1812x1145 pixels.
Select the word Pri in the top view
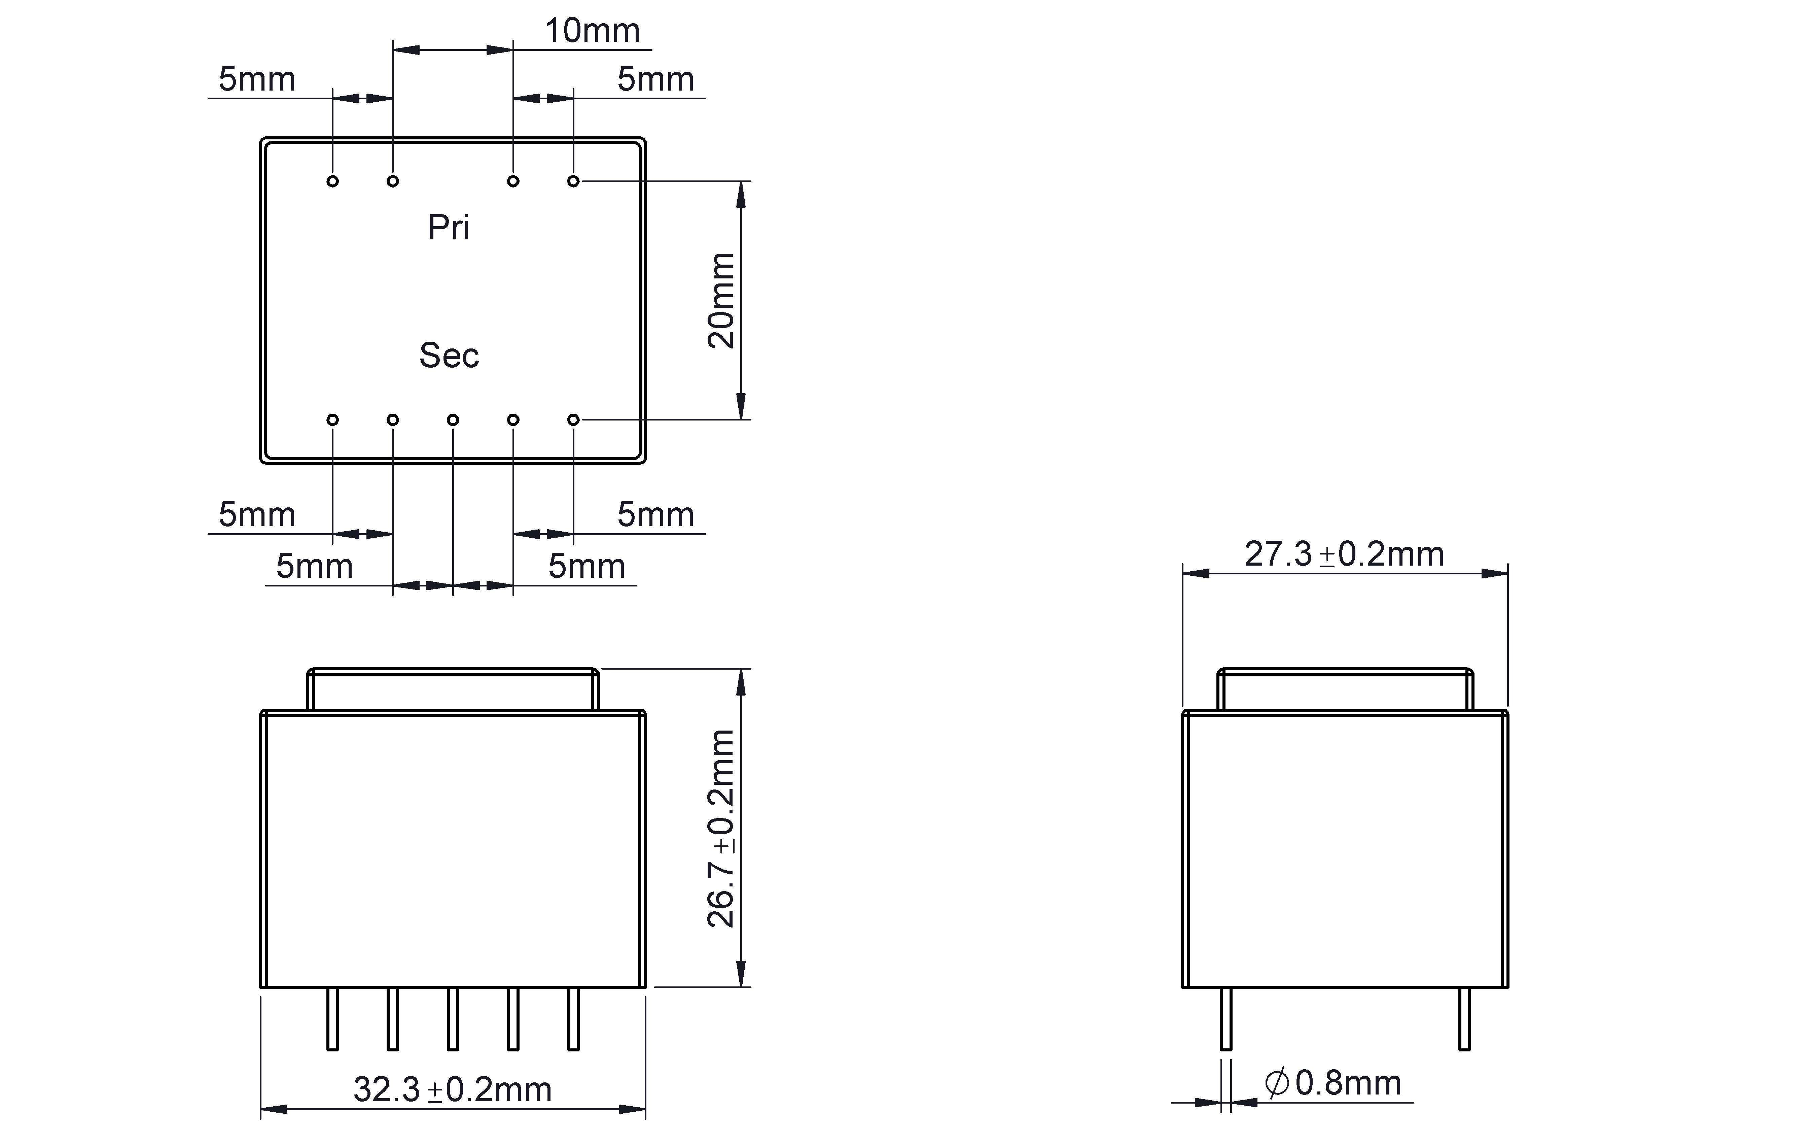449,227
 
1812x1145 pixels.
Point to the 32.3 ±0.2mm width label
452,1089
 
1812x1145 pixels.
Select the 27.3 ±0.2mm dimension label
1344,554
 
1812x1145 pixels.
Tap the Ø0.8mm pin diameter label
1333,1083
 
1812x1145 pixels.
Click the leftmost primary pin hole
332,181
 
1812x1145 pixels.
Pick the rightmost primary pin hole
573,181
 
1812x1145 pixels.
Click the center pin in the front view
453,1018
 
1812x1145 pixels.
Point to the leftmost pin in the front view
332,1018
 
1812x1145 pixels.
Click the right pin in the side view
1464,1018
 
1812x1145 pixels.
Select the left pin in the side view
1226,1018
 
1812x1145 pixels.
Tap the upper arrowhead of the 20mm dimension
741,194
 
